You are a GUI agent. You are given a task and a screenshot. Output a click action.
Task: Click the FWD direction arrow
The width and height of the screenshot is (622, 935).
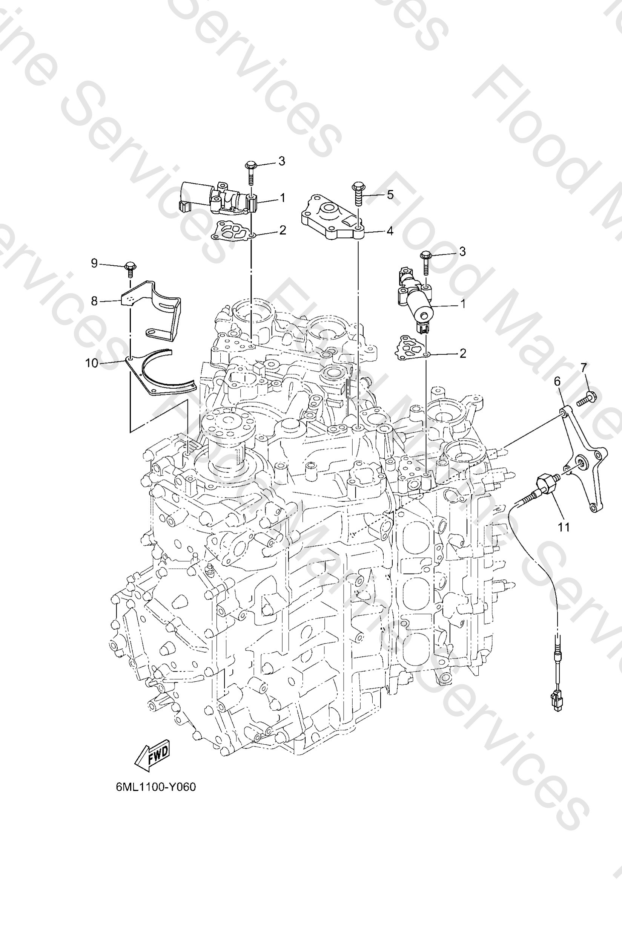pyautogui.click(x=153, y=755)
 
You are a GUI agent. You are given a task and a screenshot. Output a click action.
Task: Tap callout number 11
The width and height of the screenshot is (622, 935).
pyautogui.click(x=564, y=527)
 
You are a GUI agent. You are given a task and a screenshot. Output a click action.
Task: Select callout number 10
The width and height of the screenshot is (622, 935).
pyautogui.click(x=92, y=363)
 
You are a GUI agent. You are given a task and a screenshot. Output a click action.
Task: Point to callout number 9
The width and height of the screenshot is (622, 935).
pyautogui.click(x=94, y=263)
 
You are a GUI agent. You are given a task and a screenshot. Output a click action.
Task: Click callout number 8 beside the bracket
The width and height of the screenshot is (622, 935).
pyautogui.click(x=94, y=301)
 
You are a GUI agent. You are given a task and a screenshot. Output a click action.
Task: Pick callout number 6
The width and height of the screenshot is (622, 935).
pyautogui.click(x=557, y=381)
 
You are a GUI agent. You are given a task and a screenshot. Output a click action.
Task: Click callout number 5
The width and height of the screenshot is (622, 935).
pyautogui.click(x=390, y=194)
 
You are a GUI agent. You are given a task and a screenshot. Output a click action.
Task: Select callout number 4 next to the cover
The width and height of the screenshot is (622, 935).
pyautogui.click(x=390, y=231)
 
